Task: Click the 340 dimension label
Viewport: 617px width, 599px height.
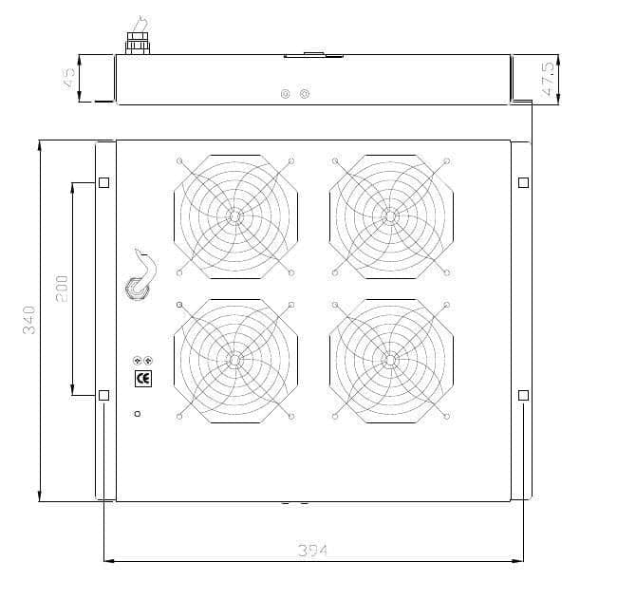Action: (29, 320)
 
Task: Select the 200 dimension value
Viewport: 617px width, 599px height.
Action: (62, 289)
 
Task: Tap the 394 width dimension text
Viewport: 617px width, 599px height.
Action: (312, 551)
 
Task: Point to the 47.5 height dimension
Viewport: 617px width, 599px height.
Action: (548, 79)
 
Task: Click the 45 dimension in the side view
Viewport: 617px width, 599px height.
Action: (68, 78)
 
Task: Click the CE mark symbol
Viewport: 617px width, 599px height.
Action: (142, 379)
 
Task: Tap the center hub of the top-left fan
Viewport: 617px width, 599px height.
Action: (234, 216)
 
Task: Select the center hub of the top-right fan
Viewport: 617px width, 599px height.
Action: (390, 216)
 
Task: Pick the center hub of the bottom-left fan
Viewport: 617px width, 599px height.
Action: (234, 360)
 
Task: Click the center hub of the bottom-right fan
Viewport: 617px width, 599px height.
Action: (390, 360)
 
